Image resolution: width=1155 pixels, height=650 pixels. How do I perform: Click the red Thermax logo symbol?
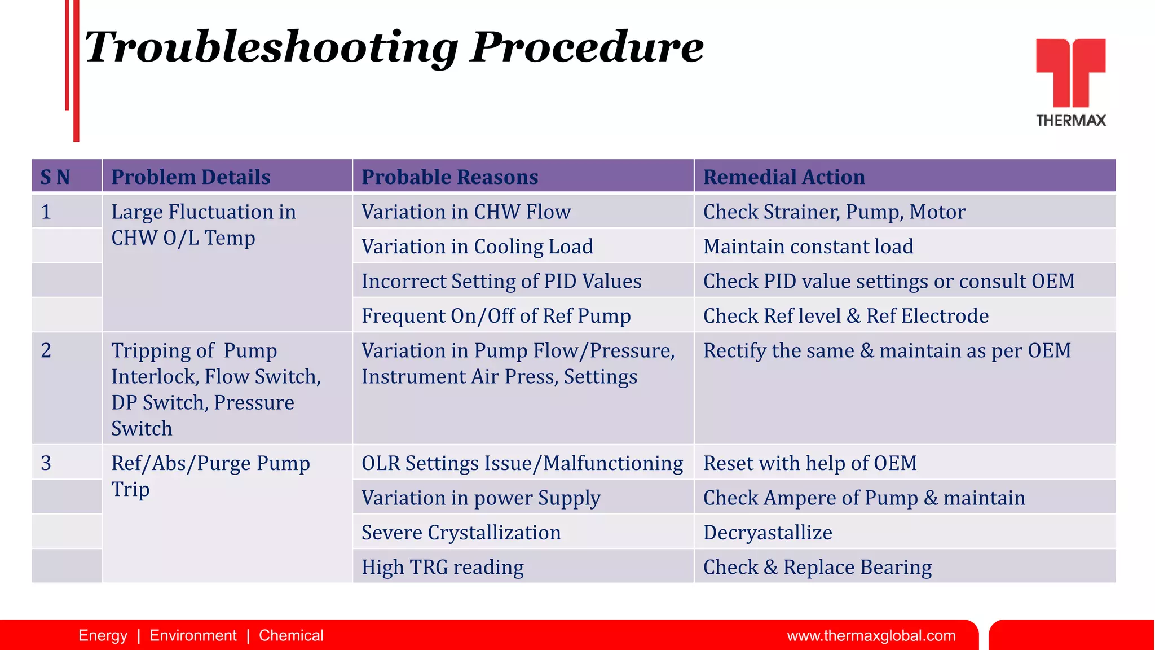pos(1070,72)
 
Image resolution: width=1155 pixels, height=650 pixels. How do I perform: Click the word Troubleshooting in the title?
pos(271,47)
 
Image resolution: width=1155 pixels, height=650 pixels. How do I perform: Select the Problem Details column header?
pos(191,177)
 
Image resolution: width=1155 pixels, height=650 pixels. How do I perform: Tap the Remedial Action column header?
pos(783,177)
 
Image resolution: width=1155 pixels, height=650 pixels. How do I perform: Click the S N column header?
pos(55,177)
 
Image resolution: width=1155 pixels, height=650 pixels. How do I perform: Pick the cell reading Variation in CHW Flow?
pos(466,212)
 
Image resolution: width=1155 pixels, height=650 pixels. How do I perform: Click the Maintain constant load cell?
pos(808,247)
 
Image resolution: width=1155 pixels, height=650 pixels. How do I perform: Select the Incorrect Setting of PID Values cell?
pos(501,281)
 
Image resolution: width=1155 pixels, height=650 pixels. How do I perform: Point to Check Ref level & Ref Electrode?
pos(845,316)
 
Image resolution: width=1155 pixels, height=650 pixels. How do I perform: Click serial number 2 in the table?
pos(46,350)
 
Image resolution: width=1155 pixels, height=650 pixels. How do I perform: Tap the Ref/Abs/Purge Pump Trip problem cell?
pos(210,476)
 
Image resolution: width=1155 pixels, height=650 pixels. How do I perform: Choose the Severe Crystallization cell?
pos(461,533)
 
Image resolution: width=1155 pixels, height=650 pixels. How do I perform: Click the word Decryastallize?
pos(767,533)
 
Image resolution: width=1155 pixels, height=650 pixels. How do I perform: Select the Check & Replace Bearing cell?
pos(817,567)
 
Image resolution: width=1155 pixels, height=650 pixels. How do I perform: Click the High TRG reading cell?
pos(442,567)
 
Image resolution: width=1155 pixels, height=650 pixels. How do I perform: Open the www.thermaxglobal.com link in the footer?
pos(871,636)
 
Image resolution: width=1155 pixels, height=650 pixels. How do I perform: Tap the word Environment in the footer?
pos(193,636)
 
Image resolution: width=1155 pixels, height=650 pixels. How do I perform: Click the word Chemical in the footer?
pos(291,636)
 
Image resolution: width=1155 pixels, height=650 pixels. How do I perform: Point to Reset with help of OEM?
pos(809,463)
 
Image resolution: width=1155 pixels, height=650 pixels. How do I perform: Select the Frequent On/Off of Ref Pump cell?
pos(496,316)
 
